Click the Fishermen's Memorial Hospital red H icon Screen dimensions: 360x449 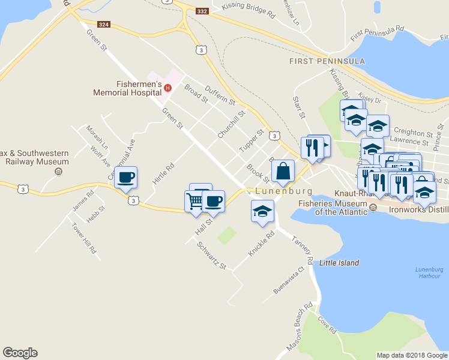point(168,88)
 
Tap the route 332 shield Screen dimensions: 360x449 point(202,11)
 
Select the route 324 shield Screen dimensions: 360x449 point(104,25)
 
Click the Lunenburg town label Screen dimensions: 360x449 point(284,191)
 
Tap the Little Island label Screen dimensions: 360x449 point(339,263)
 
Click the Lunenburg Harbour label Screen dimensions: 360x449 point(429,272)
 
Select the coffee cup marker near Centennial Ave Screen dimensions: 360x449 point(125,178)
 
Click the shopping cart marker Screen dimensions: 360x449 point(196,202)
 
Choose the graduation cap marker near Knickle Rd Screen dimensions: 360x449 point(262,211)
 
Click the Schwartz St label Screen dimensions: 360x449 point(211,256)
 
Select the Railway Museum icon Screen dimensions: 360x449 point(58,172)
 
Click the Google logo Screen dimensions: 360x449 point(20,353)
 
